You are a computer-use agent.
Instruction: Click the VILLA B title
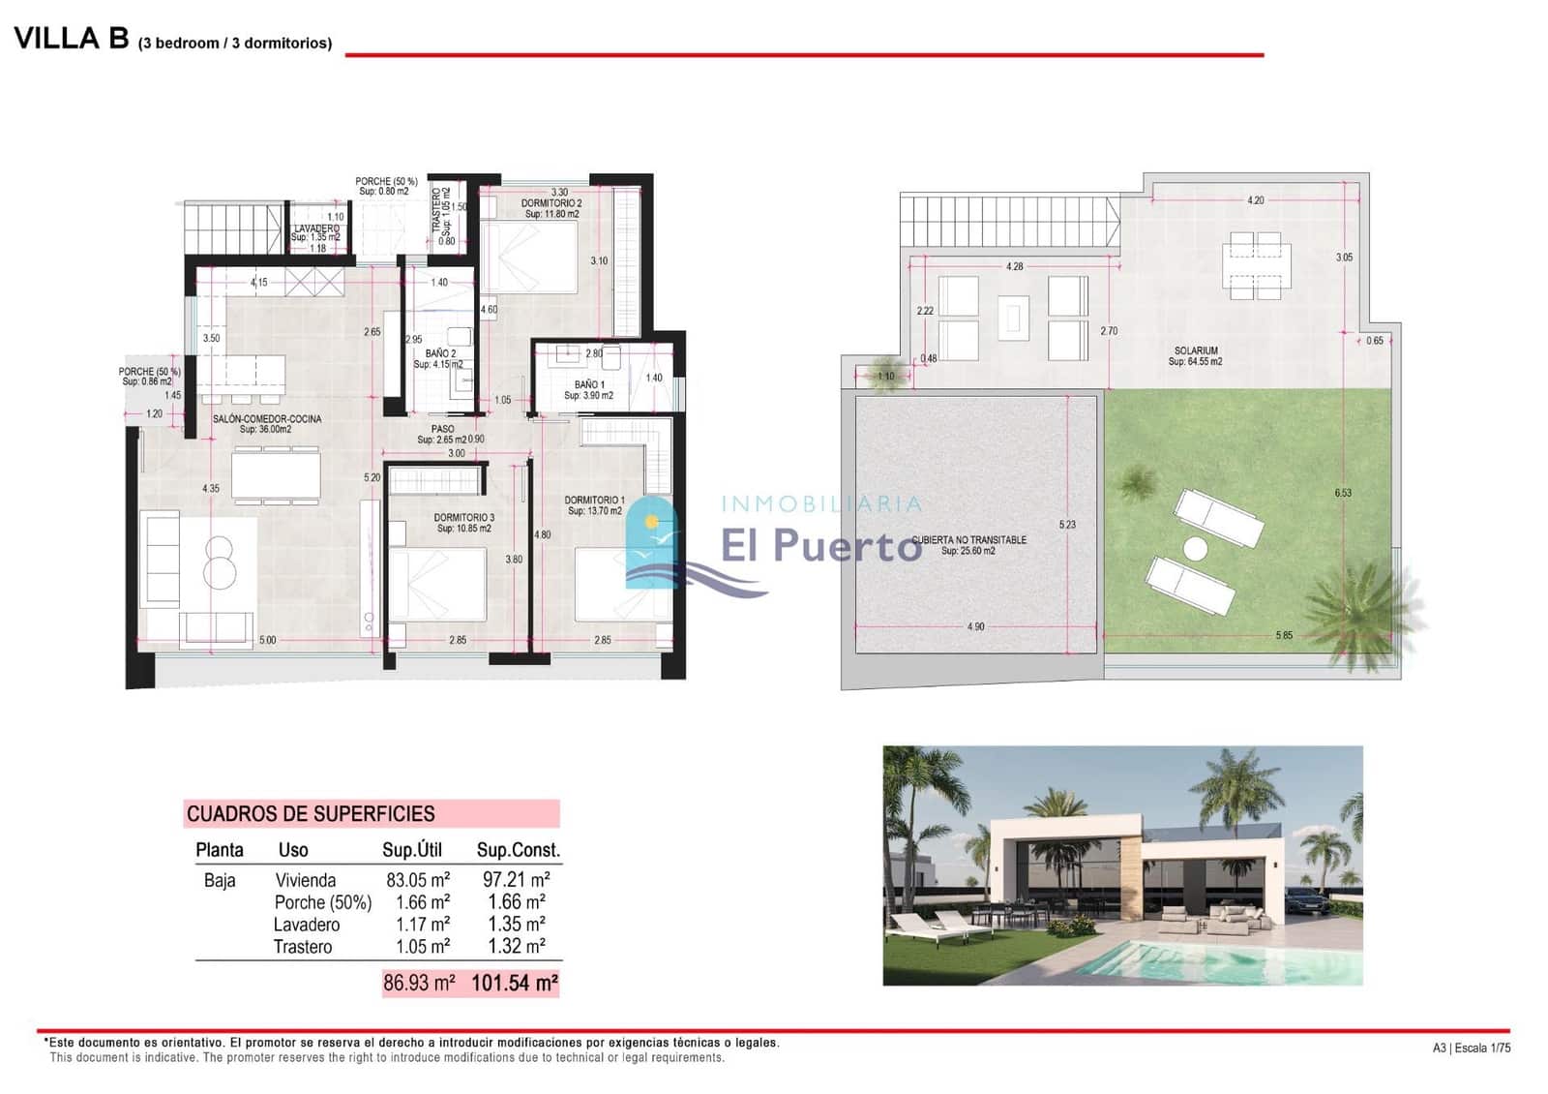(71, 39)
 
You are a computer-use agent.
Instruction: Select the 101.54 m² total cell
(514, 984)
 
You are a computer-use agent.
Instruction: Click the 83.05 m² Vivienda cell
(418, 880)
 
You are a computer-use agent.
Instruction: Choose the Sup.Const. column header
(518, 850)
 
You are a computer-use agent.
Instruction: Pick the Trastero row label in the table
(302, 947)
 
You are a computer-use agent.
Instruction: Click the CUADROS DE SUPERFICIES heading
(311, 814)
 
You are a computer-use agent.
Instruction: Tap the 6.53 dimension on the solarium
(1343, 493)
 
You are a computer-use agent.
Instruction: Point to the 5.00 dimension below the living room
(267, 640)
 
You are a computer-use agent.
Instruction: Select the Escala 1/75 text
(1482, 1048)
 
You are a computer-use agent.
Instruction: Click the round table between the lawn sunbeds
(1195, 549)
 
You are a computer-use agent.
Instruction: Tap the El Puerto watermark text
(820, 545)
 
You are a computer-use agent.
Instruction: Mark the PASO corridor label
(442, 429)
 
